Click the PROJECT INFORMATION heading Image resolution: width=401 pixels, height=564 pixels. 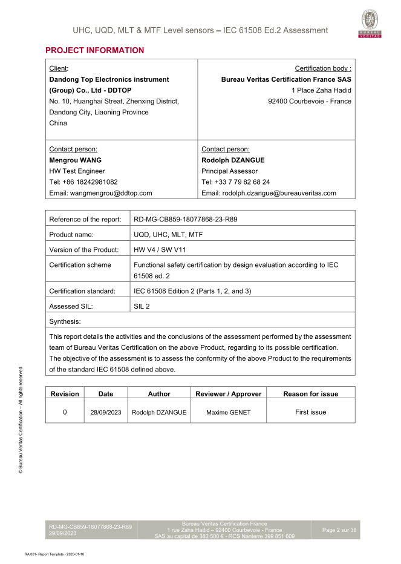[x=95, y=50]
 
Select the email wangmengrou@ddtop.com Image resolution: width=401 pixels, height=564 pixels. [x=100, y=193]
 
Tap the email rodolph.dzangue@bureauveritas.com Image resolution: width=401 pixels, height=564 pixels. [x=269, y=193]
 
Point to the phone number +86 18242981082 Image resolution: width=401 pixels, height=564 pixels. [x=83, y=182]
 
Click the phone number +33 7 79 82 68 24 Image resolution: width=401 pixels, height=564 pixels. [x=235, y=182]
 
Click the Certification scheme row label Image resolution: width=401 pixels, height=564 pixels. [x=80, y=264]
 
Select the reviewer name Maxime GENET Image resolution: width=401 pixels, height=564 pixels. [x=228, y=412]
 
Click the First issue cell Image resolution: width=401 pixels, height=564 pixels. [x=310, y=412]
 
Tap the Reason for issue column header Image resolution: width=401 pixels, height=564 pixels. [x=310, y=393]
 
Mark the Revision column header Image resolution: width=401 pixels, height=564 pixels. [x=65, y=393]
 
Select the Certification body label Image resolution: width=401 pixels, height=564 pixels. [x=322, y=68]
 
